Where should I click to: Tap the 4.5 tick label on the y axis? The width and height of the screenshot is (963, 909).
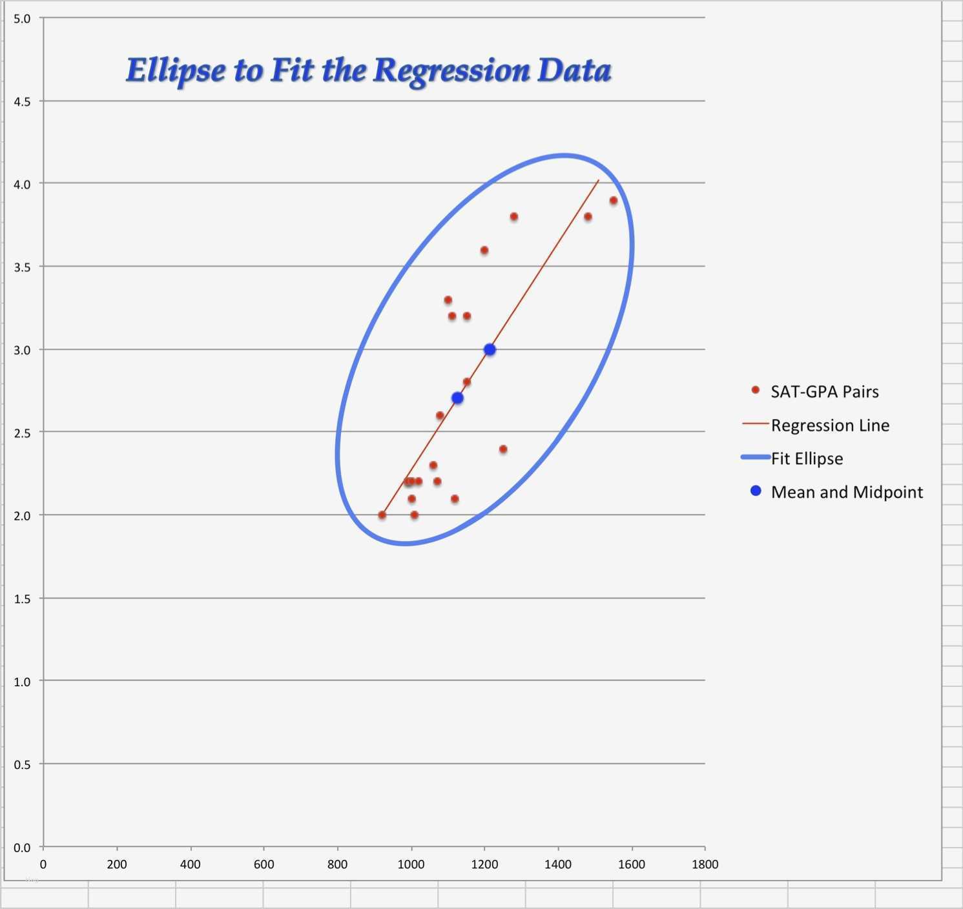pyautogui.click(x=22, y=101)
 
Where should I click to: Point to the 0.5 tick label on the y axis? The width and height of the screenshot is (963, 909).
pyautogui.click(x=22, y=764)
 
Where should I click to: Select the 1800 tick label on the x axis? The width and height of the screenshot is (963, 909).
pyautogui.click(x=705, y=864)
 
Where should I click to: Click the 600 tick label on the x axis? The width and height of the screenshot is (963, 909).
pyautogui.click(x=264, y=864)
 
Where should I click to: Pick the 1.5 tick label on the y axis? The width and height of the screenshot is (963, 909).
pyautogui.click(x=22, y=598)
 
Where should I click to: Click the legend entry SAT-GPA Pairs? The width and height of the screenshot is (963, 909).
pyautogui.click(x=824, y=391)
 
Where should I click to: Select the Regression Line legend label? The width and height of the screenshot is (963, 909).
pyautogui.click(x=830, y=425)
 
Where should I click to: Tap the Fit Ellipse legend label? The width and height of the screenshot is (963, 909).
pyautogui.click(x=807, y=458)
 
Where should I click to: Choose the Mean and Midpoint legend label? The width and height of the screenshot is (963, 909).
pyautogui.click(x=847, y=492)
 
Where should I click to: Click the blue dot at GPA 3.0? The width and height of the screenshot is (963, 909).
pyautogui.click(x=490, y=349)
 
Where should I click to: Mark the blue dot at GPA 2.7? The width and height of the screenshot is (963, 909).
pyautogui.click(x=457, y=398)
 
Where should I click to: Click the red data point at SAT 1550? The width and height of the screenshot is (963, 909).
pyautogui.click(x=614, y=201)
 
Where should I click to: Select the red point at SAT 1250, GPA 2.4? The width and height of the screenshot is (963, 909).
pyautogui.click(x=503, y=449)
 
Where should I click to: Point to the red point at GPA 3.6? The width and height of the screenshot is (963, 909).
pyautogui.click(x=484, y=250)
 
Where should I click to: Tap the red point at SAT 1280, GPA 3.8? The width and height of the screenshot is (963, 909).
pyautogui.click(x=514, y=217)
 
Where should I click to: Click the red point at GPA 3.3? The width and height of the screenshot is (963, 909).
pyautogui.click(x=448, y=300)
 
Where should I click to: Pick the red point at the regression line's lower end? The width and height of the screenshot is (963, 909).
pyautogui.click(x=382, y=515)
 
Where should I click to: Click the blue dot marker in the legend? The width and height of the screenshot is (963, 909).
pyautogui.click(x=756, y=491)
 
